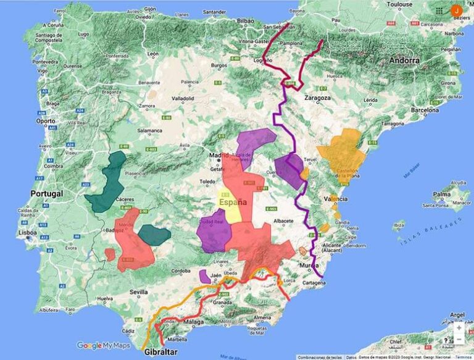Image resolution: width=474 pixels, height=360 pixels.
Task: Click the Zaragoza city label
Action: click(x=318, y=98)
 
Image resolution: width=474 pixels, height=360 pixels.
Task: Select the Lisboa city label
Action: click(x=27, y=233)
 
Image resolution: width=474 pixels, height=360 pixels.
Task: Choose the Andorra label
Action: click(x=405, y=61)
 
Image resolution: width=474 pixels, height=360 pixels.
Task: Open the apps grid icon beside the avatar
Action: click(x=439, y=10)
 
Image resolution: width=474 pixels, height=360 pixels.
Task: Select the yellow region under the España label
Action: click(x=233, y=213)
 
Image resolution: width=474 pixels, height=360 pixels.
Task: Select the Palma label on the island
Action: click(x=442, y=194)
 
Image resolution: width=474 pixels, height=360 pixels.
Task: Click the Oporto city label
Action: click(x=45, y=121)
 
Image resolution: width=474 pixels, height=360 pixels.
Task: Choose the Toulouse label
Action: click(x=399, y=4)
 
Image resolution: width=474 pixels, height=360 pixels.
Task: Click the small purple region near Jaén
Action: click(x=205, y=276)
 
